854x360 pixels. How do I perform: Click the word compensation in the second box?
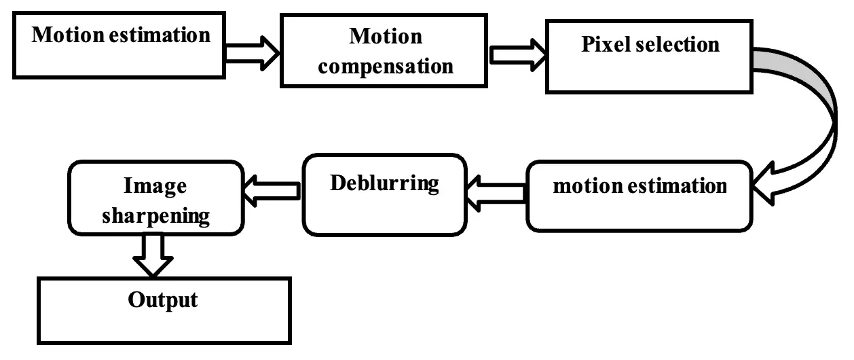pos(386,67)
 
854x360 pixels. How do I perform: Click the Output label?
pos(164,299)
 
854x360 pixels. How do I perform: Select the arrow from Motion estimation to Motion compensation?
pos(251,52)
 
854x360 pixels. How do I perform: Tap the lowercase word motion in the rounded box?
pos(586,185)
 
